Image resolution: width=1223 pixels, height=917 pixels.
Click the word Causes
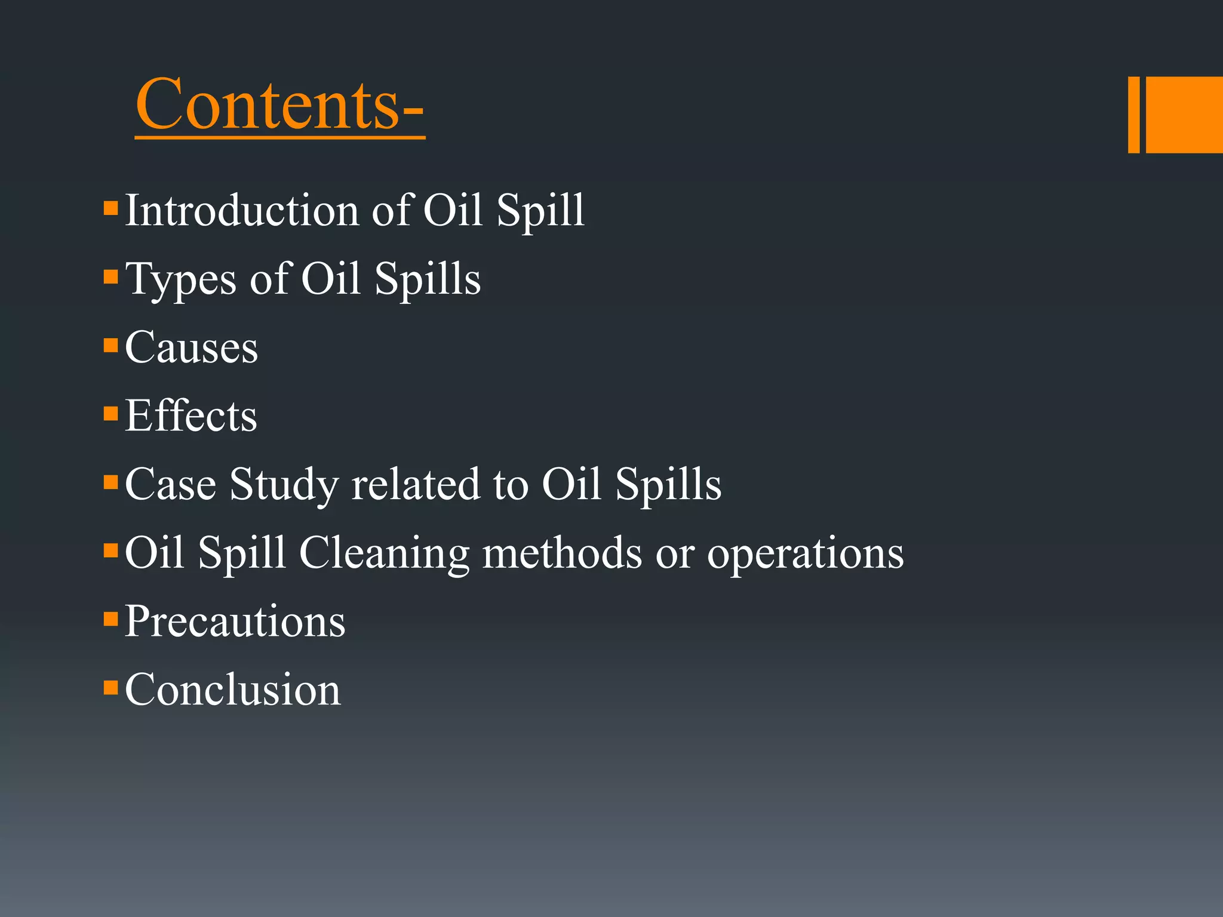click(191, 347)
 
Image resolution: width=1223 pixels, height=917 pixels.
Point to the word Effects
click(191, 416)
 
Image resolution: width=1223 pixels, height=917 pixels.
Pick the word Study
click(284, 485)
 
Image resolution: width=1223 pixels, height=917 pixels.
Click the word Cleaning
click(384, 553)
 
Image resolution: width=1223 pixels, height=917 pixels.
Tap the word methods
click(562, 553)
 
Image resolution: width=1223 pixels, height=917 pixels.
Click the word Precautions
click(235, 621)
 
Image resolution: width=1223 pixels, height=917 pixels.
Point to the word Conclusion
click(232, 690)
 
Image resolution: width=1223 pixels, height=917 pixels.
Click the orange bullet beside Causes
click(110, 346)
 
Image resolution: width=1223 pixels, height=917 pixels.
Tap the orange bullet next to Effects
click(110, 414)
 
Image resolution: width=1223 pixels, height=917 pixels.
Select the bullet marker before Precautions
click(110, 618)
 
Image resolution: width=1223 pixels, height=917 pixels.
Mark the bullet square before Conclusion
click(110, 687)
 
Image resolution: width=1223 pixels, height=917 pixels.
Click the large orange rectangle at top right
click(1184, 115)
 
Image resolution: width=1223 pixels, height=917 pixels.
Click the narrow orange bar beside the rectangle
click(1133, 115)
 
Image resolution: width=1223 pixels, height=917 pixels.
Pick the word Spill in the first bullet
click(540, 211)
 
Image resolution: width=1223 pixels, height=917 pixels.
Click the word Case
click(170, 484)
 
